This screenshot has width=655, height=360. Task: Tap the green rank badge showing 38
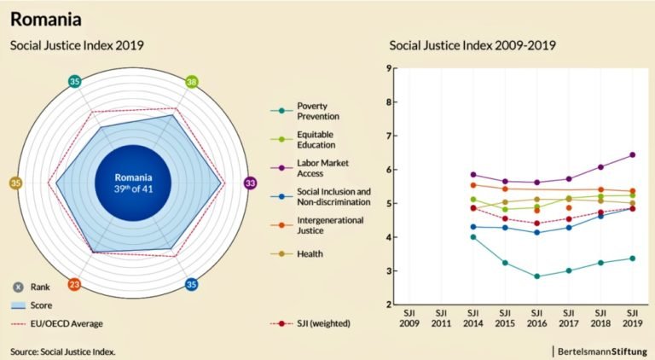192,82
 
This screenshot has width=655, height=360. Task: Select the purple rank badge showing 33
250,183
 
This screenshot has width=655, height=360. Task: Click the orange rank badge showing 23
74,284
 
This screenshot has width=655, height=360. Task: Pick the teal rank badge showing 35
75,82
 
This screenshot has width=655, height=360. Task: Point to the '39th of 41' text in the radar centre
132,190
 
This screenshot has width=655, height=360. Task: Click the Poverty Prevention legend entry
317,110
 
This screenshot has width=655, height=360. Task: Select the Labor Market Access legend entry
317,168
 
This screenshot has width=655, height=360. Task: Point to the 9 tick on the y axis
388,69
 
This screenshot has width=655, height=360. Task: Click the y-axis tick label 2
388,305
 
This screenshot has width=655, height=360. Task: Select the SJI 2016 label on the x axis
536,318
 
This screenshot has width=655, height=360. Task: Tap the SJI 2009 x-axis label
409,318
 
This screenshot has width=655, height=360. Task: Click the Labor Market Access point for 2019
632,154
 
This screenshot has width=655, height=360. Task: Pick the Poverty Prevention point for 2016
536,276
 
